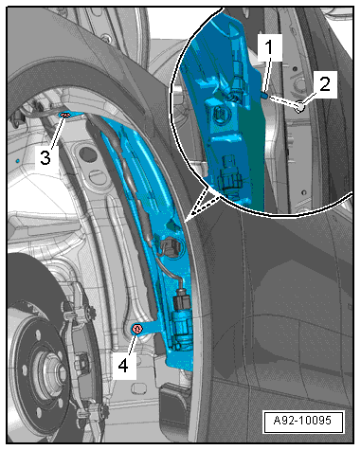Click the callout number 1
click(x=269, y=47)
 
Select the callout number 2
click(x=325, y=84)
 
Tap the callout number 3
click(x=45, y=157)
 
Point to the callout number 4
click(x=123, y=366)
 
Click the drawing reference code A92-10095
click(x=302, y=421)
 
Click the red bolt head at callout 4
click(x=137, y=329)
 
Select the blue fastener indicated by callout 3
click(x=64, y=116)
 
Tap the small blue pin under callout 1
click(x=266, y=95)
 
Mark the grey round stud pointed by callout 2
click(x=299, y=108)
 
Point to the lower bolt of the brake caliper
click(x=102, y=411)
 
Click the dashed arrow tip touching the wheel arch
click(x=187, y=222)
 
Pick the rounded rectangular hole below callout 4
click(x=138, y=388)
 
